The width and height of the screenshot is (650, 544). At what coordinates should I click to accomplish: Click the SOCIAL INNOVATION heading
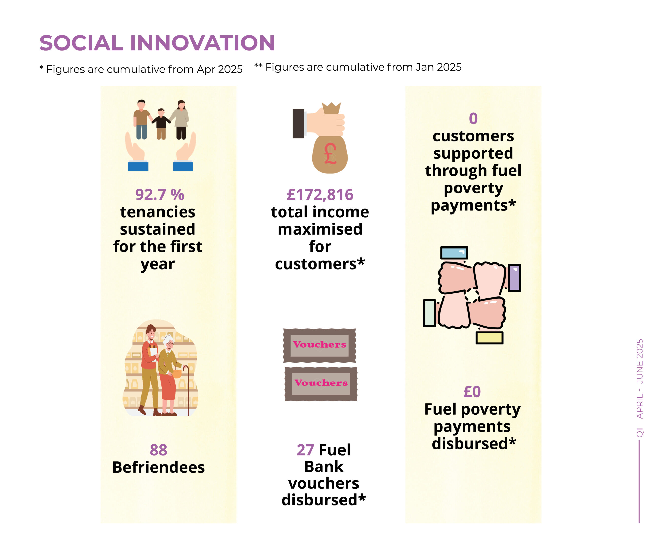pos(157,43)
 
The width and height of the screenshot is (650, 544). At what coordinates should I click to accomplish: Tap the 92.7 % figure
pos(160,195)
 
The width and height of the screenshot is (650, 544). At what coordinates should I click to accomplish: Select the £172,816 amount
pos(320,195)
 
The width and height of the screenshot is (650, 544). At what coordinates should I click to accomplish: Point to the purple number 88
pos(158,450)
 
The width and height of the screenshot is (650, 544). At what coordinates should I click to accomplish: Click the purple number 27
pos(305,450)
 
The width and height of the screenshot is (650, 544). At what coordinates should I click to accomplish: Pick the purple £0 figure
pos(472,392)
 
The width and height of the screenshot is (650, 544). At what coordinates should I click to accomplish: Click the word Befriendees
pos(158,467)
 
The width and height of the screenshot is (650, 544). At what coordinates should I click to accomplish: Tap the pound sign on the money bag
pos(330,154)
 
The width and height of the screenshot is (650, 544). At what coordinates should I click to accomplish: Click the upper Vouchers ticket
pos(319,346)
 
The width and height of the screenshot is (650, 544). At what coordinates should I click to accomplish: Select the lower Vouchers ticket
pos(321,384)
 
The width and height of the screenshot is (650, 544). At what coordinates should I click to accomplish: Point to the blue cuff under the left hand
pos(138,167)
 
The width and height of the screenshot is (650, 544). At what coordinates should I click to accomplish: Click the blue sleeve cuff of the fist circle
pos(454,253)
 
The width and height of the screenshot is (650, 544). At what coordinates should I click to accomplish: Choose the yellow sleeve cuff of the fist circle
pos(489,338)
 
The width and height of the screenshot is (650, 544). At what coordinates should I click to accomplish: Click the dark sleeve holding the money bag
pos(298,123)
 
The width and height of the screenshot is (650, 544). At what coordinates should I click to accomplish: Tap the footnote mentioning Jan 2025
pos(358,67)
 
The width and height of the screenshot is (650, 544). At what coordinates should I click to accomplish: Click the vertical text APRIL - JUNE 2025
pos(640,379)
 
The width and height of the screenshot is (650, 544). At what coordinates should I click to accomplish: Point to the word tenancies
pos(158,212)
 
